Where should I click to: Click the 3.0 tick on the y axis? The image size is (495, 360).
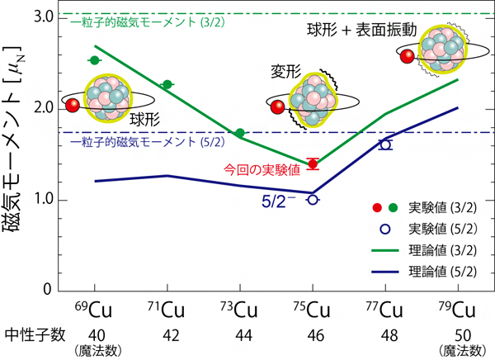(x=45, y=17)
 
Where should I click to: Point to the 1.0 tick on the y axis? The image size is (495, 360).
(x=45, y=199)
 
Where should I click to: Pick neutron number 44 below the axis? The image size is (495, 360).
(x=239, y=334)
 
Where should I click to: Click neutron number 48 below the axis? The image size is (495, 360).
(x=384, y=334)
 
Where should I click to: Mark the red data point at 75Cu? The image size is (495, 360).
(x=313, y=163)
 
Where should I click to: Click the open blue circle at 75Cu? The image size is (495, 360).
(x=313, y=199)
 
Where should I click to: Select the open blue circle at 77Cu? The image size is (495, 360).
(x=385, y=144)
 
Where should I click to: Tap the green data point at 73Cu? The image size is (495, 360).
(x=240, y=133)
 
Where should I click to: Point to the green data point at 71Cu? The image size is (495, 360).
(x=167, y=85)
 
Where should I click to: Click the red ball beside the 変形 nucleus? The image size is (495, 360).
(x=277, y=106)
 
